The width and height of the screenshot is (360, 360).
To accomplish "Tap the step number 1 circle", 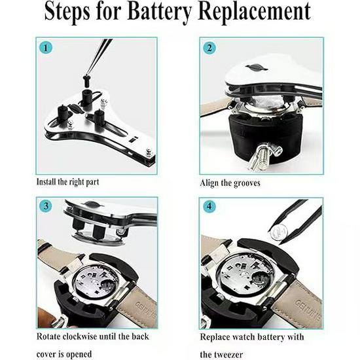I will (x=45, y=48).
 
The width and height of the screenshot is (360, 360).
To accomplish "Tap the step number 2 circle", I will (x=209, y=48).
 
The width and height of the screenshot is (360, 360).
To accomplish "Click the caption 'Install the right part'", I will (x=68, y=181).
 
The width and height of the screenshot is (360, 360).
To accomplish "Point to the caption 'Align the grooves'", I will (x=230, y=183).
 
